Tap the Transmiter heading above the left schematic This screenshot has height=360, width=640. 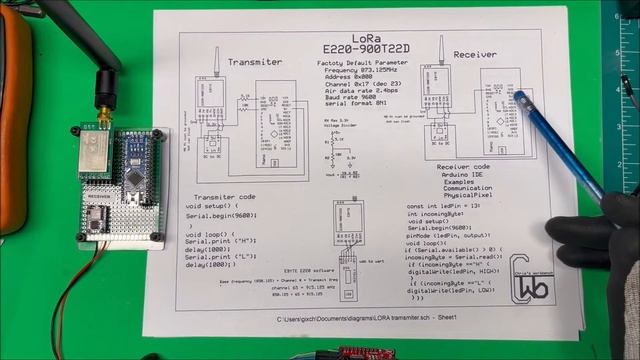(255, 62)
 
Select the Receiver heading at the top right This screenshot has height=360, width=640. (475, 53)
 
